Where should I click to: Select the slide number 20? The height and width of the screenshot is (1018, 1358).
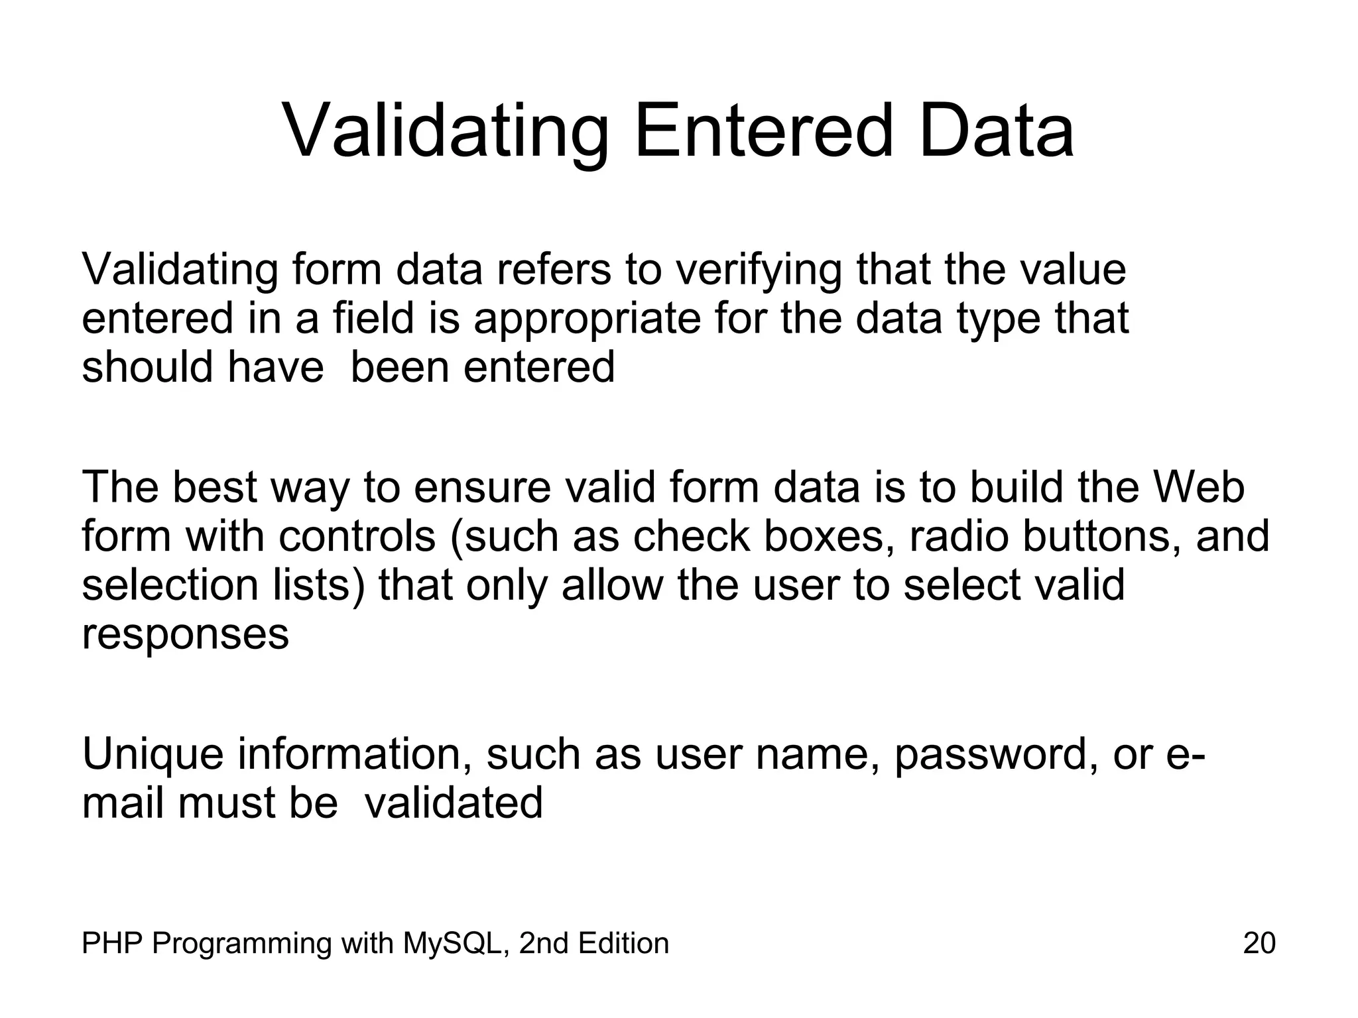pyautogui.click(x=1259, y=943)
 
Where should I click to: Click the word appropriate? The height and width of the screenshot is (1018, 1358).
pyautogui.click(x=587, y=319)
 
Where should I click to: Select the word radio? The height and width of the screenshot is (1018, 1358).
pyautogui.click(x=959, y=536)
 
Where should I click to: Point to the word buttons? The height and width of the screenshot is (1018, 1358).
pyautogui.click(x=1102, y=536)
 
